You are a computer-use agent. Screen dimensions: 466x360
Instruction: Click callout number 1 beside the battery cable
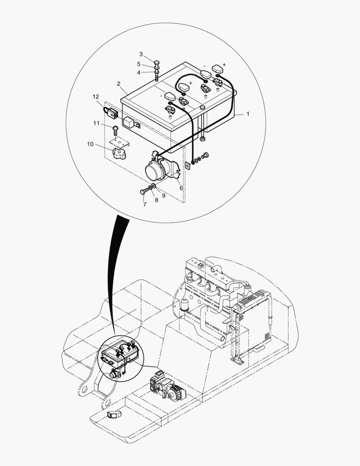(248, 114)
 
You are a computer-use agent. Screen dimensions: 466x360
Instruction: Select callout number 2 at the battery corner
(118, 83)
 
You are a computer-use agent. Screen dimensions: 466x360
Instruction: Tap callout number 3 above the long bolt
(141, 54)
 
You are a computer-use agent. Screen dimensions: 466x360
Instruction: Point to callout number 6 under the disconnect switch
(181, 188)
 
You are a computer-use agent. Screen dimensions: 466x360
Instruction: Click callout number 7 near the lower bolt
(144, 204)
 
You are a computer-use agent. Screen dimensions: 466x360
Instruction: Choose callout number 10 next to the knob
(90, 144)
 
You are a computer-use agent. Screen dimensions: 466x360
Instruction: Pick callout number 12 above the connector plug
(96, 97)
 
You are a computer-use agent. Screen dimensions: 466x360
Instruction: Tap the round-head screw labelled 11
(116, 128)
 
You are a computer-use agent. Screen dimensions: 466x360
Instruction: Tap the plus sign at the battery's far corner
(224, 64)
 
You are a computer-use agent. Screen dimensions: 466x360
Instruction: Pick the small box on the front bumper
(114, 416)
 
